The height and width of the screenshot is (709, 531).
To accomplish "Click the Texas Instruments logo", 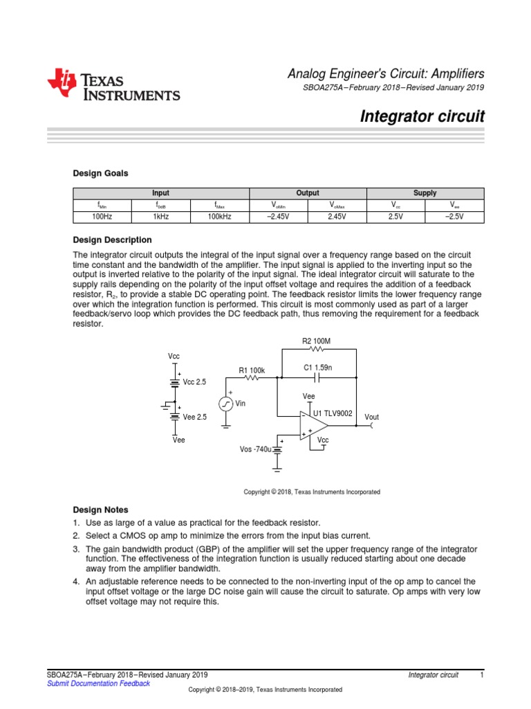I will [113, 85].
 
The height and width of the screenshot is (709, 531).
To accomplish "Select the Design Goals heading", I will [100, 173].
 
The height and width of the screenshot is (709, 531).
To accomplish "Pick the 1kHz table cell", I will [160, 217].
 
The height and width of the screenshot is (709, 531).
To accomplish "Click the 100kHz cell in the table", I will [219, 217].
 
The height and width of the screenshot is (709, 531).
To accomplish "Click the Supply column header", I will [425, 193].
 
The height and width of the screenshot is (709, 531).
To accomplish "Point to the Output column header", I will [307, 193].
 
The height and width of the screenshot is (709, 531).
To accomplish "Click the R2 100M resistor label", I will [317, 341].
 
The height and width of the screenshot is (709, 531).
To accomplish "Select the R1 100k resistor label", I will [252, 370].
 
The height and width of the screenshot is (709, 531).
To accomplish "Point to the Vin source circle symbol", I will [225, 404].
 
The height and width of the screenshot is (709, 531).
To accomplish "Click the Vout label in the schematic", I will [371, 417].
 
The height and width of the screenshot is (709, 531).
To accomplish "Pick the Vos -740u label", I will [255, 449].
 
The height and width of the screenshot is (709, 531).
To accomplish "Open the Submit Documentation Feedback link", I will [97, 683].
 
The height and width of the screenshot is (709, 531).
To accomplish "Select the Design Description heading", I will [113, 240].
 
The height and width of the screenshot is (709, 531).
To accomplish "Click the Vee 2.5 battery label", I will [194, 417].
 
